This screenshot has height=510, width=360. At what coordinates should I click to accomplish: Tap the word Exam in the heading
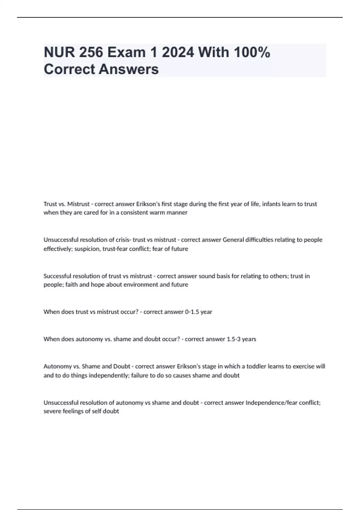coord(127,52)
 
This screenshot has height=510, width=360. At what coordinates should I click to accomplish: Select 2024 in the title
coord(178,52)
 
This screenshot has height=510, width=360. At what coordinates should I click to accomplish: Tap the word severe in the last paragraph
coord(51,411)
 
